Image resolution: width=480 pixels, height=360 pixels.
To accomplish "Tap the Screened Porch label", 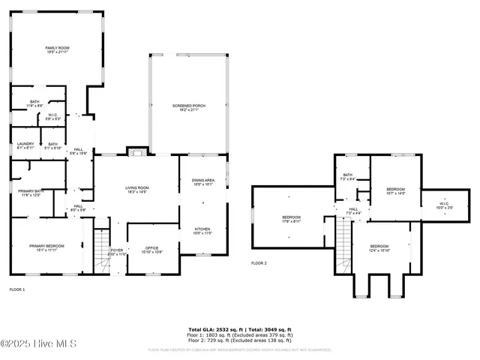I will click(188, 107).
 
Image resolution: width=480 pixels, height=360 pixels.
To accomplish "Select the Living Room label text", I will click(136, 190).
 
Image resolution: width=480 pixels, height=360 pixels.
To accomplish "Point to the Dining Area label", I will click(203, 181).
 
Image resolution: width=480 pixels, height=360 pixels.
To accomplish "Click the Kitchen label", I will click(203, 230).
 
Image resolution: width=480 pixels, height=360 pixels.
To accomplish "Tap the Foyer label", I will click(117, 253).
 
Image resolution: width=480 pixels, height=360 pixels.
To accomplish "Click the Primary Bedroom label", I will click(46, 248).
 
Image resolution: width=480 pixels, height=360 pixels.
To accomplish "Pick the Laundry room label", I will click(25, 145).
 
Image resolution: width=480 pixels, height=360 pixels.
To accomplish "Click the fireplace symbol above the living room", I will click(136, 152).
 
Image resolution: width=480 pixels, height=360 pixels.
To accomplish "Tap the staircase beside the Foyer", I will click(100, 251).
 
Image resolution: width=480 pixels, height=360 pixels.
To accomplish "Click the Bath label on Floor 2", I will click(347, 177).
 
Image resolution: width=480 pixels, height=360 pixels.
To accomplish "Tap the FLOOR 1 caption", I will click(16, 289).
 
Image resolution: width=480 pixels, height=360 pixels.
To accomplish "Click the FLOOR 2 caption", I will click(259, 263).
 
